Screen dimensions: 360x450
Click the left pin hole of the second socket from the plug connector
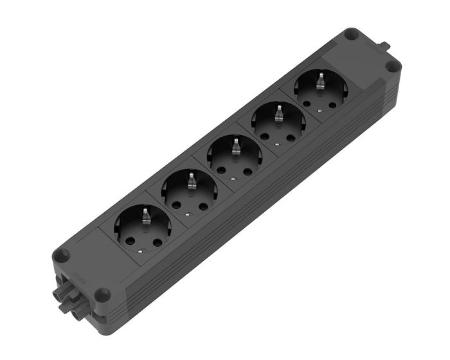[x=177, y=204]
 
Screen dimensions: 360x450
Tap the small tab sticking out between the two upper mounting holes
[x=386, y=46]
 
